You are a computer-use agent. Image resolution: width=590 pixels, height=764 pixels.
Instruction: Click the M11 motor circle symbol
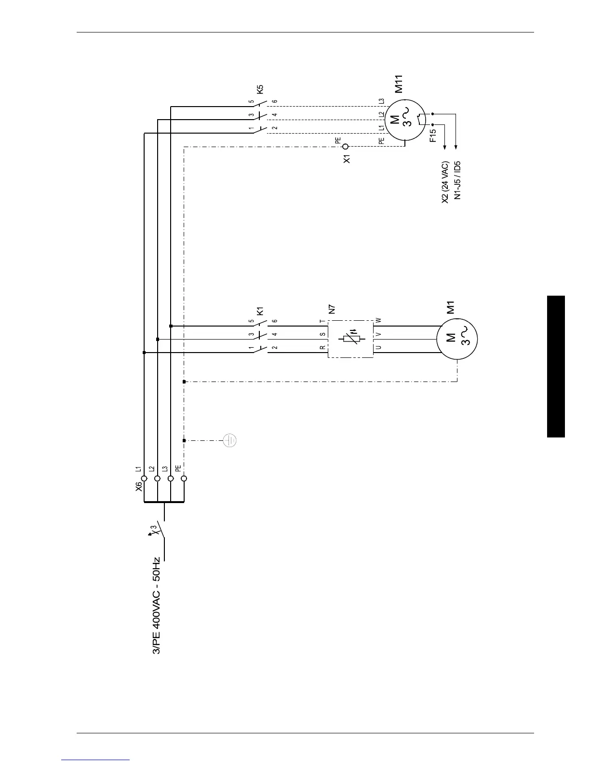pos(405,119)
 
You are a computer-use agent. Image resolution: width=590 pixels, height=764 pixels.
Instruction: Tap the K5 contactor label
pos(260,89)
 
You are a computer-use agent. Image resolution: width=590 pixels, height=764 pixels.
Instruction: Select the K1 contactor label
pos(260,311)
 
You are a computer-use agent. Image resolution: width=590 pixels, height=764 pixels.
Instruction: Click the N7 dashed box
pos(350,339)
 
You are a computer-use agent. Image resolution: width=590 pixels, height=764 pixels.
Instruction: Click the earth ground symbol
pos(230,440)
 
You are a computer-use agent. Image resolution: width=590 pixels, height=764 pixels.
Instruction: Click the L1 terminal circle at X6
pos(144,478)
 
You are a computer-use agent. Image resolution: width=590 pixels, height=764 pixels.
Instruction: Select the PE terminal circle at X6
pos(184,478)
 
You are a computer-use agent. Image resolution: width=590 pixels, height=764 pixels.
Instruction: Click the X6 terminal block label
pos(139,486)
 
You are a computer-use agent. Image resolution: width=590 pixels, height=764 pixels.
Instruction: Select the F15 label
pos(432,135)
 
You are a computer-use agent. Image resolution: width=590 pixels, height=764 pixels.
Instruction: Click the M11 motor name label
pos(399,83)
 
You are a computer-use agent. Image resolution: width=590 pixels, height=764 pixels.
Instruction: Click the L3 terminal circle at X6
pos(170,478)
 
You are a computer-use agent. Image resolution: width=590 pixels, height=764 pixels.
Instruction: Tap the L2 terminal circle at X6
pos(157,478)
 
